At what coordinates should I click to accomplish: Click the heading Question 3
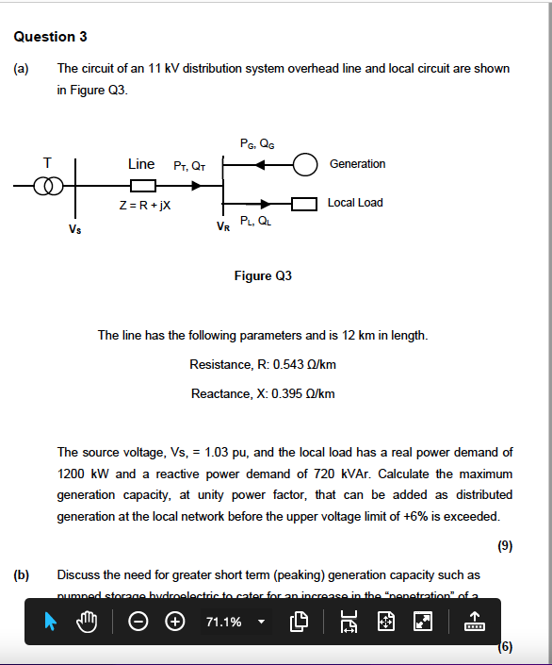51,37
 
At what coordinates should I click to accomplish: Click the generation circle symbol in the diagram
305,164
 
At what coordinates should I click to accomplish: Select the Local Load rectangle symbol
303,204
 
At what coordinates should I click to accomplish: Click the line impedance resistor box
142,184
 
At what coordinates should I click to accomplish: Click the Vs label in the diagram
74,228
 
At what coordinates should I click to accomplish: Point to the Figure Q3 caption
263,276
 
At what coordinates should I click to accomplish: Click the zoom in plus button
175,622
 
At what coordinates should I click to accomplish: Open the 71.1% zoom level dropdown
261,622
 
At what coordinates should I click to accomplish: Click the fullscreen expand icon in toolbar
424,622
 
